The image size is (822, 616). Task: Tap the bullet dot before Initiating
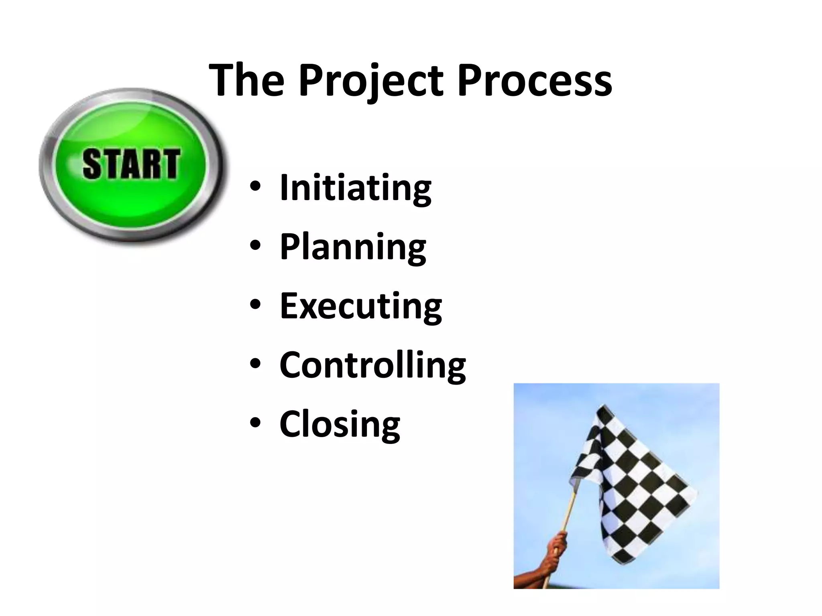pyautogui.click(x=255, y=187)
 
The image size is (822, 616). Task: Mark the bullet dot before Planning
pyautogui.click(x=255, y=246)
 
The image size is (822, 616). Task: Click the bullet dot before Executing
pyautogui.click(x=255, y=305)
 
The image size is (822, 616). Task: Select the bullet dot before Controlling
pyautogui.click(x=255, y=364)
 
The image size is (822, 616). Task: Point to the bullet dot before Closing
pyautogui.click(x=255, y=423)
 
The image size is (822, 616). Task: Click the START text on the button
pyautogui.click(x=131, y=164)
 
